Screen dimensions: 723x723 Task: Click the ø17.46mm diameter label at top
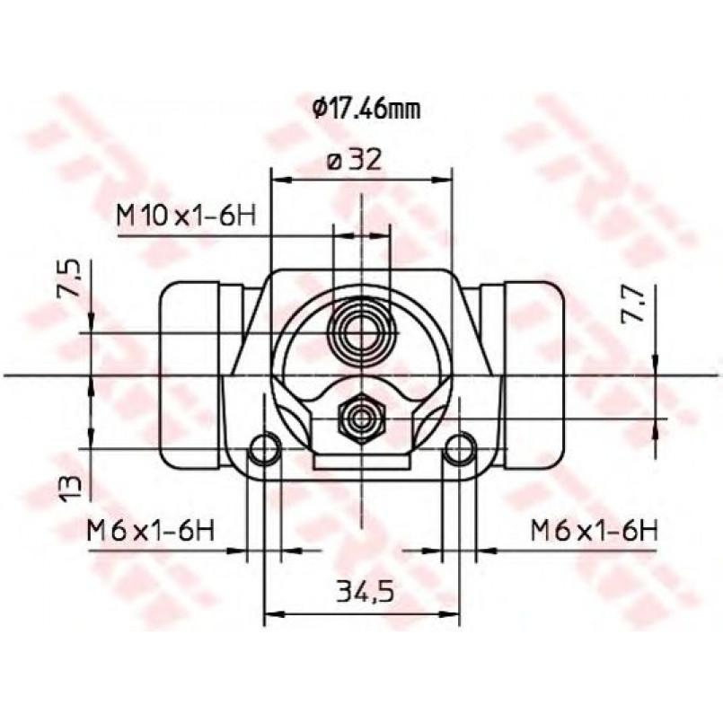366,110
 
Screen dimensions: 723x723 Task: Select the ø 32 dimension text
354,161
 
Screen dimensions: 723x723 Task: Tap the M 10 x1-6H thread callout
186,216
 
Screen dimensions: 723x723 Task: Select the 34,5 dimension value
366,592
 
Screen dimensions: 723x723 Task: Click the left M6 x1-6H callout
151,531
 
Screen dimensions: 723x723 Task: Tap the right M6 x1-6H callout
594,531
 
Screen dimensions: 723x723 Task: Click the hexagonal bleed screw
361,419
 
